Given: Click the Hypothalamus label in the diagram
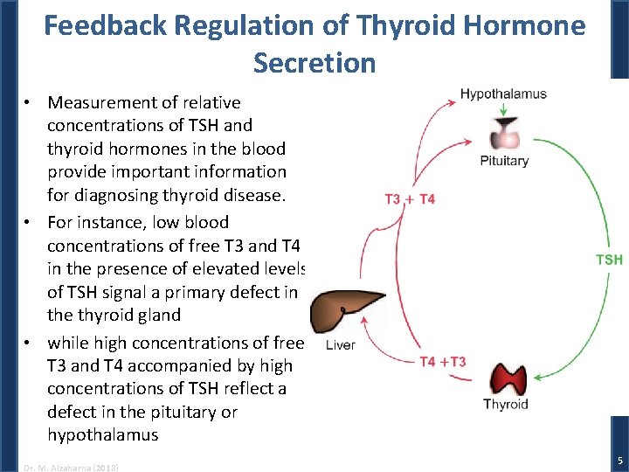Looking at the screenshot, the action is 503,94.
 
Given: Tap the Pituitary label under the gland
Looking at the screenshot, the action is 504,160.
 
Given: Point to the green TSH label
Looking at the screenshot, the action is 609,260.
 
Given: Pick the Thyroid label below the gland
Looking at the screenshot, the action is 506,404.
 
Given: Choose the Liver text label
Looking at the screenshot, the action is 340,345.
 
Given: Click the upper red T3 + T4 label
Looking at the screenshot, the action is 410,199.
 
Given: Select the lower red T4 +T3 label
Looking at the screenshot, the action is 443,362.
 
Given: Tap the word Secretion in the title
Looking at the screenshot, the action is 314,63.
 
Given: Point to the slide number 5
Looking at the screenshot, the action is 619,460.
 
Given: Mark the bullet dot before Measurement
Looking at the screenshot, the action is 29,103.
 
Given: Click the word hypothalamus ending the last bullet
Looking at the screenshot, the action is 102,434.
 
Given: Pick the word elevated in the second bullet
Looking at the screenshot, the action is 221,268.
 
